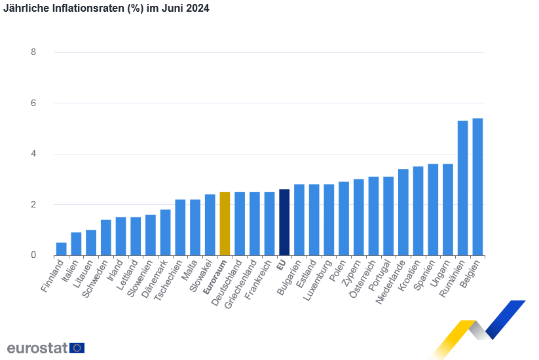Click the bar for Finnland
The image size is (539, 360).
61,249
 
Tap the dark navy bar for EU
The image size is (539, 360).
284,222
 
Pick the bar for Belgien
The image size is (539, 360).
477,187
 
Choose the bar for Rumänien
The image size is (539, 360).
462,188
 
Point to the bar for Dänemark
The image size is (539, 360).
165,232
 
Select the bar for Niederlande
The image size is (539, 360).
403,212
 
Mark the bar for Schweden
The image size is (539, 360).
105,237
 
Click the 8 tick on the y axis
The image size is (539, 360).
33,52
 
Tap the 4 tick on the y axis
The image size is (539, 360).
33,154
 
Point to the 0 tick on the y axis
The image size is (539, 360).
33,255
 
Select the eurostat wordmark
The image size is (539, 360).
37,348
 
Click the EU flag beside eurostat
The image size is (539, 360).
77,348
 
